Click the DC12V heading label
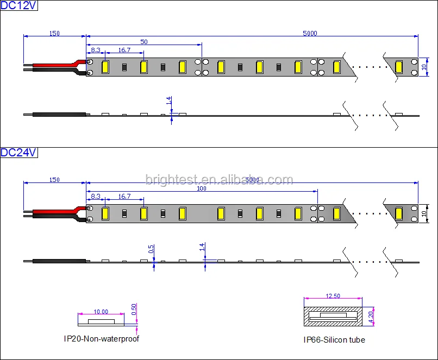pyautogui.click(x=18, y=7)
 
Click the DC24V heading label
pyautogui.click(x=18, y=153)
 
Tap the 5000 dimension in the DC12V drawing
pyautogui.click(x=310, y=33)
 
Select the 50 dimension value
pyautogui.click(x=143, y=41)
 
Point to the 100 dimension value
pyautogui.click(x=201, y=188)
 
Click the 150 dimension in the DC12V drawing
pyautogui.click(x=54, y=33)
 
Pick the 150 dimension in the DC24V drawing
pyautogui.click(x=54, y=180)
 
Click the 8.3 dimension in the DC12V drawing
pyautogui.click(x=95, y=50)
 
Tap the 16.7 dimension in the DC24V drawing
pyautogui.click(x=124, y=196)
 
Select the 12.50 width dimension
pyautogui.click(x=333, y=296)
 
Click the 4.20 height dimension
pyautogui.click(x=371, y=316)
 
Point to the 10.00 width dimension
pyautogui.click(x=101, y=312)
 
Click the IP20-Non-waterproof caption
pyautogui.click(x=101, y=339)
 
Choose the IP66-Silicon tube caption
pyautogui.click(x=334, y=340)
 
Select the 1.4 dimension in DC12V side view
pyautogui.click(x=170, y=100)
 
